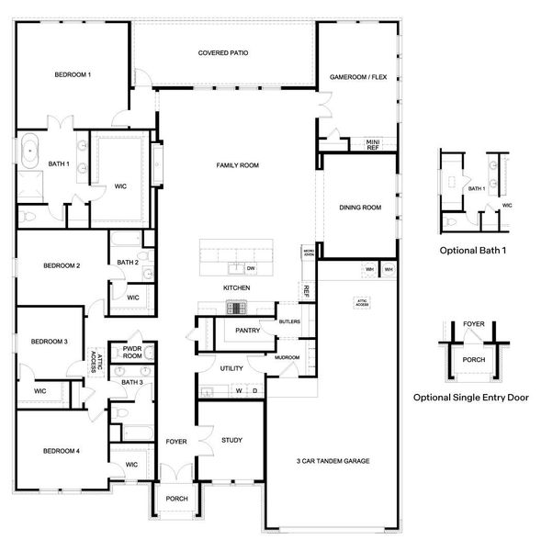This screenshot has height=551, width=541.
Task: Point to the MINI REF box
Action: point(372,144)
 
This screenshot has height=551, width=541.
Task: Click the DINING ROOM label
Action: point(360,208)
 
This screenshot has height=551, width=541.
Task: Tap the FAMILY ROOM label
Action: point(237,165)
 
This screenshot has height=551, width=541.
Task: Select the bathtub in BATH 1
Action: point(31,149)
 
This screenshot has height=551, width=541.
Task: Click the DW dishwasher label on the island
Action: point(250,268)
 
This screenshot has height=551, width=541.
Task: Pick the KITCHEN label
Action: point(236,288)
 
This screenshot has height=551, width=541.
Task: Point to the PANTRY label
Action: point(248,330)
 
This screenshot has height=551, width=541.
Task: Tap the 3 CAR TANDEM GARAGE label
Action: point(332,460)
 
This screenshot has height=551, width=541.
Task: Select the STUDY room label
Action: point(231,440)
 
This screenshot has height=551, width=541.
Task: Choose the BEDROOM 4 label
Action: point(61,451)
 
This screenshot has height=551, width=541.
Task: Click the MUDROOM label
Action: point(287,357)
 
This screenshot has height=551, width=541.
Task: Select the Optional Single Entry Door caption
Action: point(470,398)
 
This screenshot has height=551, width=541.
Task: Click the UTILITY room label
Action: point(231,368)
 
